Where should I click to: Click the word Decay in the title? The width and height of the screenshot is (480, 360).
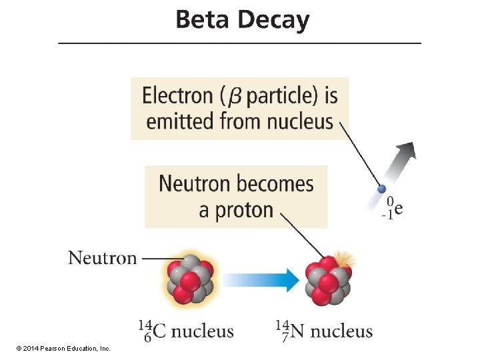274,21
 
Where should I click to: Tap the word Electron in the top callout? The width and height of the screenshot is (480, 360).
177,95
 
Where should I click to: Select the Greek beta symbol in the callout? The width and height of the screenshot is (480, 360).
236,97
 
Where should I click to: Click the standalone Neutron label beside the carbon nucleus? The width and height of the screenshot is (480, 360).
102,257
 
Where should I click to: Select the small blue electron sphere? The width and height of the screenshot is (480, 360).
382,189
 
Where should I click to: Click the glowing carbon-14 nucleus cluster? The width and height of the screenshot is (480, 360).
189,279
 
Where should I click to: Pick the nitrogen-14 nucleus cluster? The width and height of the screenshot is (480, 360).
327,279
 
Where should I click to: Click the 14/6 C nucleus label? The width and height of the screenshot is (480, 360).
186,331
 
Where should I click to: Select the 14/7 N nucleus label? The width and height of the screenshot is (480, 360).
324,331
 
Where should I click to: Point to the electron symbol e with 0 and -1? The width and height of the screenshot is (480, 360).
394,207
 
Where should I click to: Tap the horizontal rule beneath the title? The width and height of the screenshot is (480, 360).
240,43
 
